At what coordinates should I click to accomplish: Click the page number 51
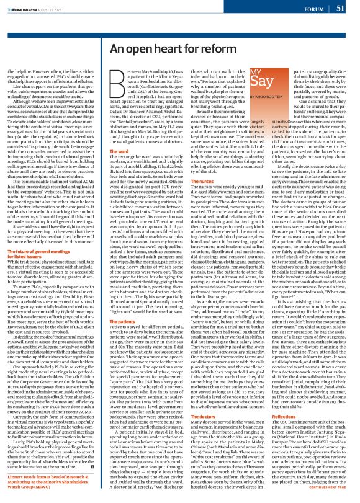pos(341,8)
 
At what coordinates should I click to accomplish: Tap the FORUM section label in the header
pos(314,9)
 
